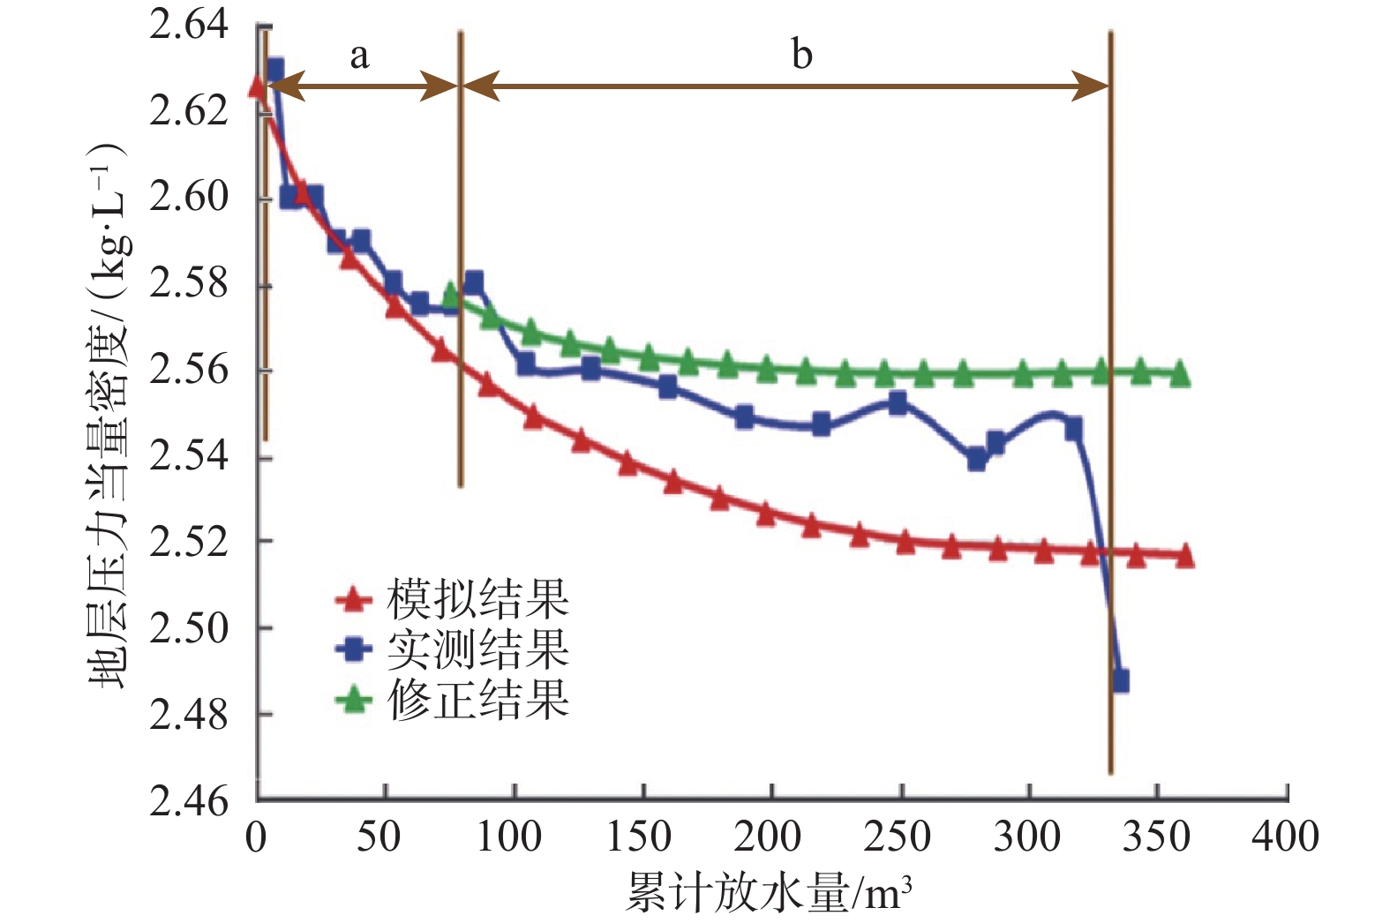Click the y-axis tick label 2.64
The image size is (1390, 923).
point(189,25)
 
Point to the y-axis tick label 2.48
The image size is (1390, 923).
point(189,715)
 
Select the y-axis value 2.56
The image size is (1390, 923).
point(189,371)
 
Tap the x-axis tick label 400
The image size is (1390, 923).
point(1285,837)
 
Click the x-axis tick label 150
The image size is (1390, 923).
point(639,837)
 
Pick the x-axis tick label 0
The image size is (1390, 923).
point(256,837)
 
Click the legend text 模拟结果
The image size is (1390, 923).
point(477,600)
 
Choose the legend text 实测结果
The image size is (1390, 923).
point(477,650)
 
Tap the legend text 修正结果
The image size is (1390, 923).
point(477,701)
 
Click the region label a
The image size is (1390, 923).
point(358,56)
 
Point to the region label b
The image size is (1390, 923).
point(800,55)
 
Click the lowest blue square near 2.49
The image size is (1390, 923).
point(1120,681)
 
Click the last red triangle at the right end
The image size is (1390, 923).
point(1184,556)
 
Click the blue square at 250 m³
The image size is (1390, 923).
point(898,403)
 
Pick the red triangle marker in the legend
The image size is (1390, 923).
point(354,600)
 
